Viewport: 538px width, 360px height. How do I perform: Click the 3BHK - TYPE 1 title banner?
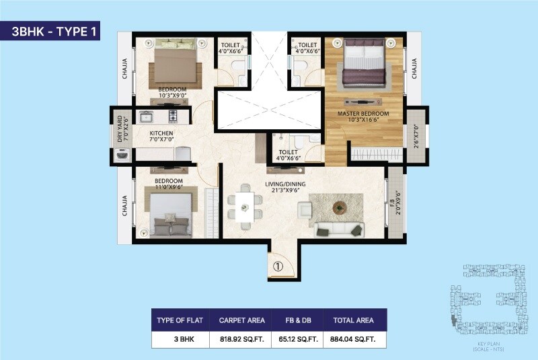(x=50, y=32)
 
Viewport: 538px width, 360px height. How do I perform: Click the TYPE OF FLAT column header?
(x=180, y=320)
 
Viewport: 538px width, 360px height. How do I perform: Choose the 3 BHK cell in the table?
(x=180, y=340)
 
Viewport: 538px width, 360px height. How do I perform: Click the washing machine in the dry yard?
(x=122, y=154)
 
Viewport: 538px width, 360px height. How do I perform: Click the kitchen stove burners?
(x=172, y=117)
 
